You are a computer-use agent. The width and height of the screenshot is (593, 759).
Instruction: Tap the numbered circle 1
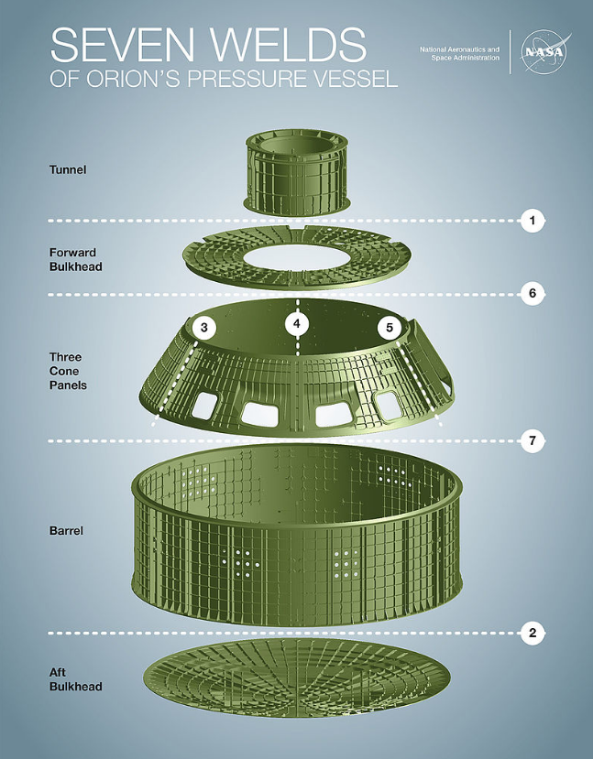[x=533, y=221]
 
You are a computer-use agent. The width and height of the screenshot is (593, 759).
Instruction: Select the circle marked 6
[x=533, y=294]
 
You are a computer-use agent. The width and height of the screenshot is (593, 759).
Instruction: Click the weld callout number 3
[x=204, y=328]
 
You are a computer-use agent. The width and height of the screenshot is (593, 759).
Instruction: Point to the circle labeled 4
[x=297, y=323]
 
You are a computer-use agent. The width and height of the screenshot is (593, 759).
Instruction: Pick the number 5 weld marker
[x=390, y=328]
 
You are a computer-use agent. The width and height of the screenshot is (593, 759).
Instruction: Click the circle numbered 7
[x=533, y=441]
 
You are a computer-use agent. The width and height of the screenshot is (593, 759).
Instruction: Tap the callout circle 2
[x=533, y=633]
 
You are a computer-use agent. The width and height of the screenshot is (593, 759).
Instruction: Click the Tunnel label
[x=68, y=170]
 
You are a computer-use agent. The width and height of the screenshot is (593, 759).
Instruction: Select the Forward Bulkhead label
[x=75, y=259]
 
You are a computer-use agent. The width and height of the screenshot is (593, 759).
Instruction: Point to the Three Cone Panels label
[x=68, y=372]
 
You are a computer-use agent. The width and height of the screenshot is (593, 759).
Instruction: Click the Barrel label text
[x=66, y=530]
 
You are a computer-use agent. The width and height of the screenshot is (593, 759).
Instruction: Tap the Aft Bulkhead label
[x=75, y=679]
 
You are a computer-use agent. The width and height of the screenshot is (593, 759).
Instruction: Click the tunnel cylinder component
[x=297, y=171]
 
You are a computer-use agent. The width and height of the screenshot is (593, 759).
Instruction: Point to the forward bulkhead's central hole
[x=297, y=257]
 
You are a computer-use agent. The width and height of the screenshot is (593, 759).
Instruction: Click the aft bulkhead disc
[x=297, y=677]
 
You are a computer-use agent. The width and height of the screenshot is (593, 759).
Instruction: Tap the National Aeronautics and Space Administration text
[x=459, y=54]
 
